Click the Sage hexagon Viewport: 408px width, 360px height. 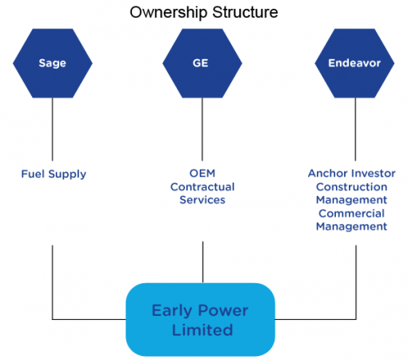point(54,62)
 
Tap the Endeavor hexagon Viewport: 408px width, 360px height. point(354,62)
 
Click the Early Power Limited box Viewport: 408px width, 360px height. point(200,320)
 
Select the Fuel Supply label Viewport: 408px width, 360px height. point(54,173)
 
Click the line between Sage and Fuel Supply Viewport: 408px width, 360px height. point(54,128)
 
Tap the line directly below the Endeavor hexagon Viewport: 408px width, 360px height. point(354,128)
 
